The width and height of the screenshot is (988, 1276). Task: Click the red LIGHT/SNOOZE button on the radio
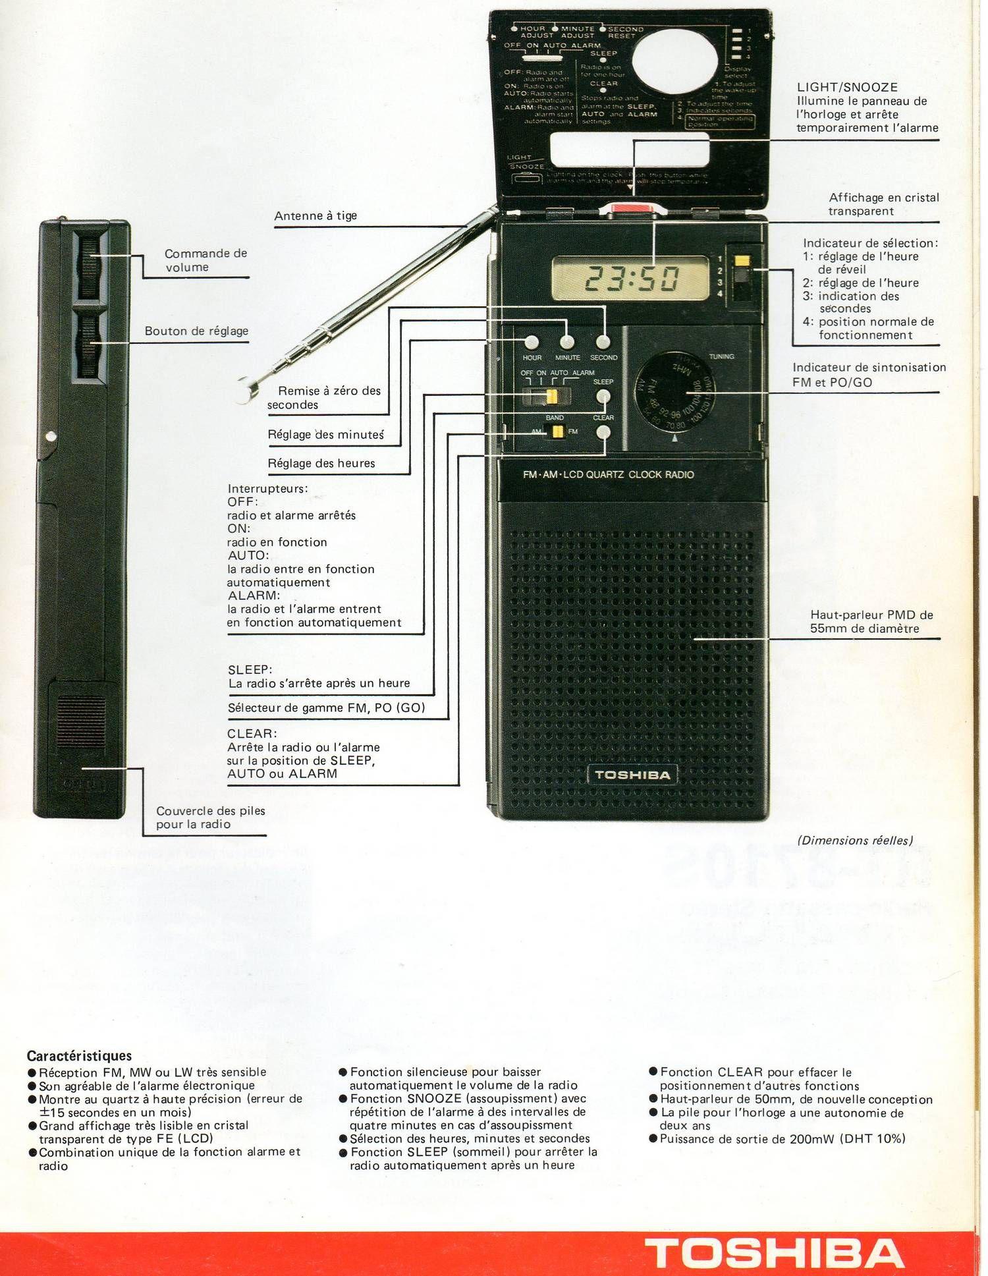pos(632,210)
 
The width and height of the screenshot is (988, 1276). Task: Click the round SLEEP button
pos(603,397)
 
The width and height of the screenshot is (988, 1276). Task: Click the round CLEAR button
pos(603,432)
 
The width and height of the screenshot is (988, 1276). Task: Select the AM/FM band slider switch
pos(557,432)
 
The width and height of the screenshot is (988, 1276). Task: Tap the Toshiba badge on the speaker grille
pos(632,775)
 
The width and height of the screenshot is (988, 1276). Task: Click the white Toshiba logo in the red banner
pos(775,1252)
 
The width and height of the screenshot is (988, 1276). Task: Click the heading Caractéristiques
pos(79,1056)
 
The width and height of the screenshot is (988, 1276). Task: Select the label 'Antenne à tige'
pos(316,216)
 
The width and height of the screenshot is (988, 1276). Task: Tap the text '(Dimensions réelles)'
pos(855,841)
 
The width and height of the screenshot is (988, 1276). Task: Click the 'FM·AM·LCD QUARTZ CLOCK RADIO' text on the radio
pos(608,474)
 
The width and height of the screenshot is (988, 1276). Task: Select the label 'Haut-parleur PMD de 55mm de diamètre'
pos(871,621)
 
